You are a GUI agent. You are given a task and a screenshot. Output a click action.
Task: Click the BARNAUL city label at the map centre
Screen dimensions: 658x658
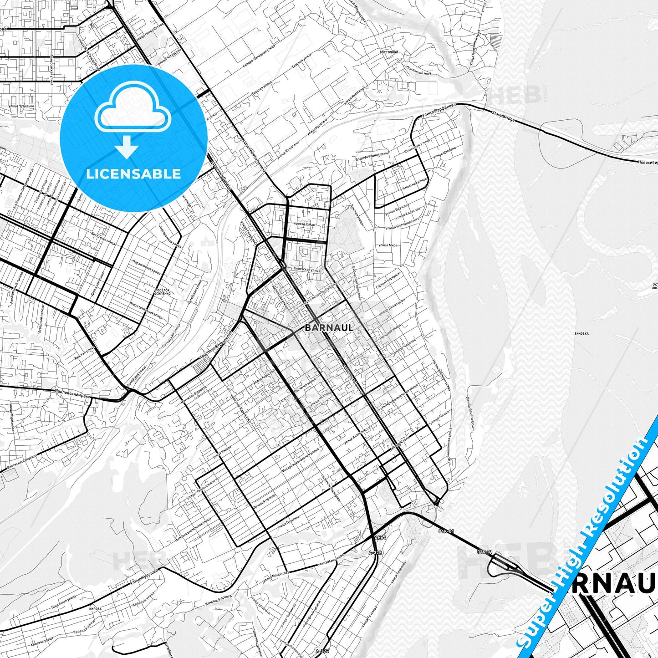pyautogui.click(x=329, y=327)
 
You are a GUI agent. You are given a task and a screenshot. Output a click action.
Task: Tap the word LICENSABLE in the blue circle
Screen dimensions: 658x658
pyautogui.click(x=133, y=173)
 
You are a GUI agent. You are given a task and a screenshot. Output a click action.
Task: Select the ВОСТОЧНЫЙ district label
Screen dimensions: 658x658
pyautogui.click(x=388, y=52)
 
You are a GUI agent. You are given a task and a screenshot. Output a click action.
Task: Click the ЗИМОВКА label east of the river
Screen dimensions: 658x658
pyautogui.click(x=581, y=333)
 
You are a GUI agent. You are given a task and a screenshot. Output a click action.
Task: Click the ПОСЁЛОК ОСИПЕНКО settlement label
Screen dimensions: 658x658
pyautogui.click(x=163, y=291)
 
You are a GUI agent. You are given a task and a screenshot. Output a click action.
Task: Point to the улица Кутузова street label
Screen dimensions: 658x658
pyautogui.click(x=143, y=576)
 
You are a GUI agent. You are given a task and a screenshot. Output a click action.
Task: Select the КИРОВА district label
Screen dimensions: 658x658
pyautogui.click(x=96, y=609)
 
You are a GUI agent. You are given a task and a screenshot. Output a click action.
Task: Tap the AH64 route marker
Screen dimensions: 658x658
pyautogui.click(x=380, y=538)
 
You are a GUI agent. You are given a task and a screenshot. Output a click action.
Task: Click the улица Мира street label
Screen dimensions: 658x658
pyautogui.click(x=388, y=245)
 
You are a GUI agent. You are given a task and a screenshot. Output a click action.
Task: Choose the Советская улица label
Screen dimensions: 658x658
pyautogui.click(x=307, y=270)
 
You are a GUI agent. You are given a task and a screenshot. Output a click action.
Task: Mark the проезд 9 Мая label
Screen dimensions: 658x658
pyautogui.click(x=305, y=224)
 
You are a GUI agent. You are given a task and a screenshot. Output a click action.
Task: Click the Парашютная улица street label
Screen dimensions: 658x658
pyautogui.click(x=146, y=267)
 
